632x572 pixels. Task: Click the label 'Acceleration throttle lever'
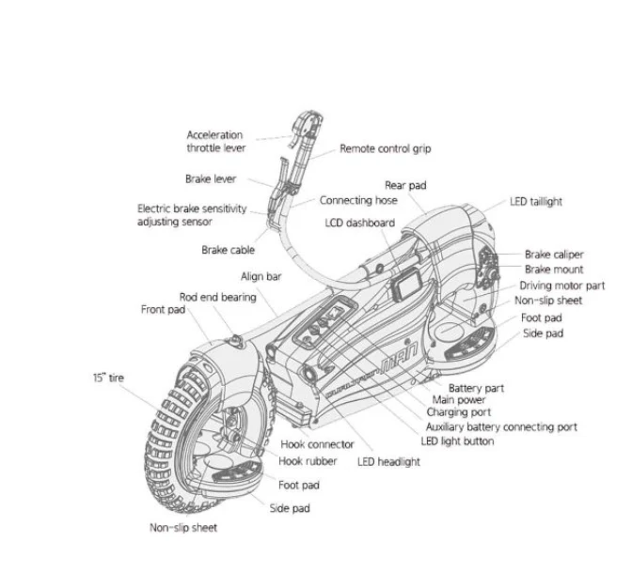(x=214, y=142)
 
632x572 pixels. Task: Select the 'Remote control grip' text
(x=385, y=148)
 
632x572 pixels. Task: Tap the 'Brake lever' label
(x=211, y=178)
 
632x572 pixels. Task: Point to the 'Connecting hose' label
(x=357, y=200)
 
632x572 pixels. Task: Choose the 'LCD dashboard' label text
(x=358, y=223)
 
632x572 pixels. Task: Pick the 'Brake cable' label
(x=228, y=250)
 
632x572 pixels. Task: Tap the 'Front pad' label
(x=164, y=309)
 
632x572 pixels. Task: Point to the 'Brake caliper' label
(x=554, y=255)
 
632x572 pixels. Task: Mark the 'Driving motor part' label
(x=561, y=286)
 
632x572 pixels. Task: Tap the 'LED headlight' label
(x=388, y=461)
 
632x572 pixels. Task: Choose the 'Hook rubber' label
(x=308, y=461)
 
